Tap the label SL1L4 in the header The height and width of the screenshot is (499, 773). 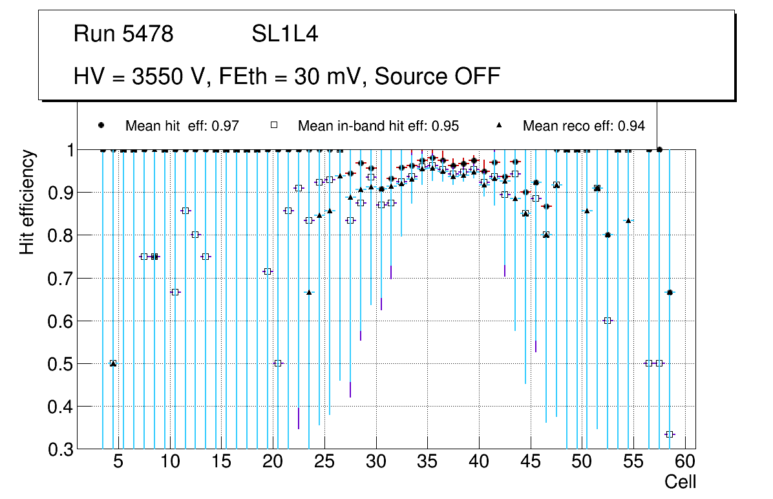click(285, 34)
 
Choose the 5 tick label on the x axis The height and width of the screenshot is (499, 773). click(118, 463)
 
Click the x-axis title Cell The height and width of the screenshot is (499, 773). click(680, 482)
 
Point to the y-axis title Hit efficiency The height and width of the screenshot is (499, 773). click(27, 202)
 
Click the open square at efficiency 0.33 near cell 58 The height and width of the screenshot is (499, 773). click(670, 434)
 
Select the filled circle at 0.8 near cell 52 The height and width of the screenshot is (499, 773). click(608, 235)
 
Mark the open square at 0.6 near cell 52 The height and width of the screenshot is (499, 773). click(608, 321)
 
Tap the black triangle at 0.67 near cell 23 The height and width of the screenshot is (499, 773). click(309, 292)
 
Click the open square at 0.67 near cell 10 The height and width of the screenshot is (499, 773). click(175, 292)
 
